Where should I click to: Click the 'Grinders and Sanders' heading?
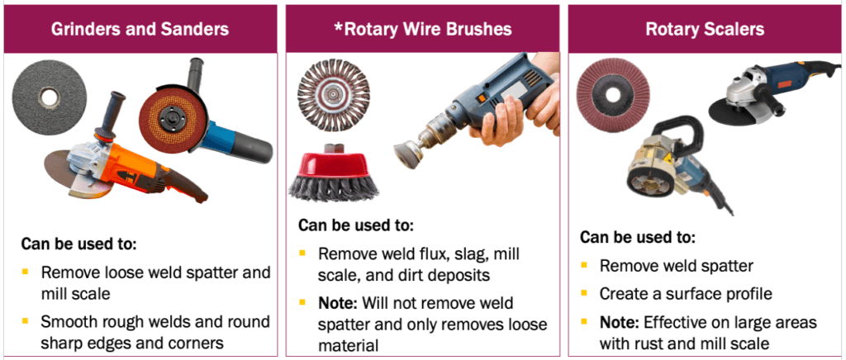click(140, 30)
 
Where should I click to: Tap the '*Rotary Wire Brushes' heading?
click(422, 30)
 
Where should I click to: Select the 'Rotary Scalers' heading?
click(705, 30)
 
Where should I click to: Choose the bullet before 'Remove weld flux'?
click(302, 253)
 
